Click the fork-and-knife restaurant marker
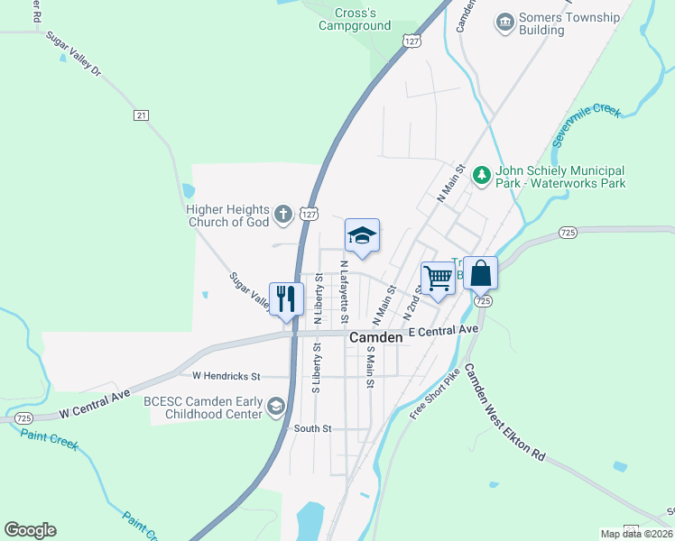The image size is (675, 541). coord(286,299)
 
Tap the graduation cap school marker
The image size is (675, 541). coord(362,236)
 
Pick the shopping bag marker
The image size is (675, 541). coord(481,273)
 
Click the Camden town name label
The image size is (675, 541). coord(375,337)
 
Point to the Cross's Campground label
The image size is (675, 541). coord(355,19)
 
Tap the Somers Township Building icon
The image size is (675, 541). coord(504,21)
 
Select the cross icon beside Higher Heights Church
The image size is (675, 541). coord(283,215)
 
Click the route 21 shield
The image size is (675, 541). coord(141,115)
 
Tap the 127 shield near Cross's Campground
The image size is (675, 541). coord(411,41)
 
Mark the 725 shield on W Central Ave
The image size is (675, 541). coord(24,419)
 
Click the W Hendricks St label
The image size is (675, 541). coord(226,375)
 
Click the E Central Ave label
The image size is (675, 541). coord(442,330)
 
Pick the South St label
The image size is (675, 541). coord(313,429)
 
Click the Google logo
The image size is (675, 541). coord(31,530)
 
